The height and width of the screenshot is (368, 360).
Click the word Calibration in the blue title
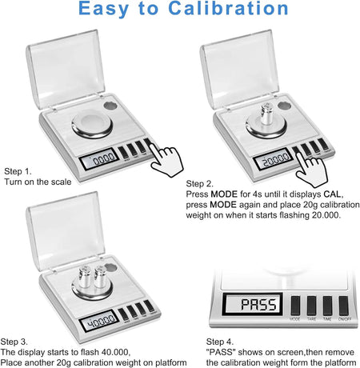228,8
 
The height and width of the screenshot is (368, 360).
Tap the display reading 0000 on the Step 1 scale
99,159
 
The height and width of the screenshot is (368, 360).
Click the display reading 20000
274,159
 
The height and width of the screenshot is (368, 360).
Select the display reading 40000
99,321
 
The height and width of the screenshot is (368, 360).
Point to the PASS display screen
253,304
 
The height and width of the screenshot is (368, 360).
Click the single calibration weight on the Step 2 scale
267,114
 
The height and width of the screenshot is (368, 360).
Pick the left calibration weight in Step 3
85,278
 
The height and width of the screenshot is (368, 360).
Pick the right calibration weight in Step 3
100,277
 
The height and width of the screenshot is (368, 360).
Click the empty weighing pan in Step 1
92,126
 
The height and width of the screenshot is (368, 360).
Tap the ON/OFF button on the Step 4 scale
344,306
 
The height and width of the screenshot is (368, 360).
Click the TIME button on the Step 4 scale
327,306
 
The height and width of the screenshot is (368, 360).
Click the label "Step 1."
18,171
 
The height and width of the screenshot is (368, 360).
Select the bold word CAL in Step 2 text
332,194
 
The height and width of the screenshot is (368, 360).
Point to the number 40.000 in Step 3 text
115,352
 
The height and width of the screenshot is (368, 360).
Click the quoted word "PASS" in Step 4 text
221,352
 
